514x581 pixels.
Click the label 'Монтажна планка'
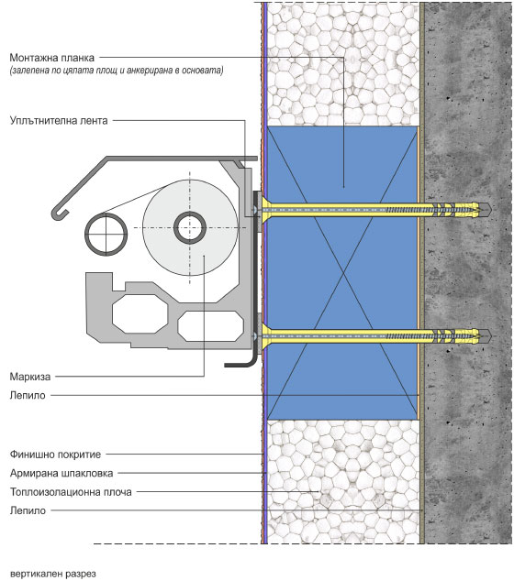coord(52,58)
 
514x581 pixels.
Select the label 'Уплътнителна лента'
coord(59,121)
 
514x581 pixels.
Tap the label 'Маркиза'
coord(30,377)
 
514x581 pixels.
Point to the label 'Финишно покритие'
coord(55,455)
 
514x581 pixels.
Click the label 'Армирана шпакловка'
coord(61,473)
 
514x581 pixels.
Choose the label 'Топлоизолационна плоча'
coord(71,492)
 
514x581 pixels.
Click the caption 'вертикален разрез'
coord(52,574)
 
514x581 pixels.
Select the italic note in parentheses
coord(117,71)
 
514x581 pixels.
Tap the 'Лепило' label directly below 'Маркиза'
coord(28,395)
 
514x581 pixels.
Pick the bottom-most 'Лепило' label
coord(28,510)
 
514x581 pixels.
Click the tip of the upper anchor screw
coord(491,210)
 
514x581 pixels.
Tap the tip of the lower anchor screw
coord(491,336)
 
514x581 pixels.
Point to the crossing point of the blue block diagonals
coord(343,273)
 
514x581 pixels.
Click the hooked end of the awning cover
coord(60,215)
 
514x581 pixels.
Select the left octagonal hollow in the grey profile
coord(140,314)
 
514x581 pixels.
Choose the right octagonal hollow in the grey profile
coord(210,326)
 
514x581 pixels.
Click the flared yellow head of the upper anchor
coord(266,210)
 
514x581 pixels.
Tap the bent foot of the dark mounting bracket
coord(240,365)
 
